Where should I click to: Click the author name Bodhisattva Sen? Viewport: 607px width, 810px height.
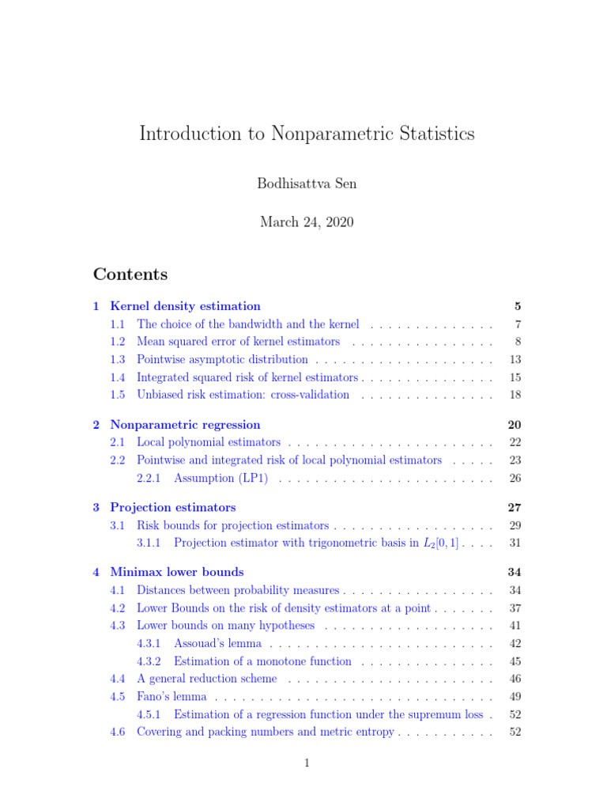click(x=307, y=184)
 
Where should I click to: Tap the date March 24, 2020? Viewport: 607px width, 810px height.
click(x=307, y=222)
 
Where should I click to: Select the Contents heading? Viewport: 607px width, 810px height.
click(x=130, y=274)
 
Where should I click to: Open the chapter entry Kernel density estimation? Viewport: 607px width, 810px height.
click(x=185, y=306)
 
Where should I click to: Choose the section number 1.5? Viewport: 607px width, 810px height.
click(x=118, y=395)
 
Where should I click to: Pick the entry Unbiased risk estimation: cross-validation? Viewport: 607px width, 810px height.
click(x=243, y=395)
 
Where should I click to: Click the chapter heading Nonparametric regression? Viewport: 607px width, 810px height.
click(x=185, y=425)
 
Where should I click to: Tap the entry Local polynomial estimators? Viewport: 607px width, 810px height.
click(x=209, y=442)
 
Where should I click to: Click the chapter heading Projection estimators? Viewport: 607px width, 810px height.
click(x=173, y=508)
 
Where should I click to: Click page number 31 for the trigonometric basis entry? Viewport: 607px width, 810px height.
click(x=515, y=543)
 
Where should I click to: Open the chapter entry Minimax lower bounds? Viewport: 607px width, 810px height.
click(x=177, y=572)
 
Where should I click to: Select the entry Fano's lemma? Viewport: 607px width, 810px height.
click(x=172, y=697)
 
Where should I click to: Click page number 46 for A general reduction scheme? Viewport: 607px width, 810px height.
click(x=515, y=679)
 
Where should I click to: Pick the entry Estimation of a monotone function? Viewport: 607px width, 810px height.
click(x=262, y=661)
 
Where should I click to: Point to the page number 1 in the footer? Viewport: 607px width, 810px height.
click(x=307, y=763)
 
